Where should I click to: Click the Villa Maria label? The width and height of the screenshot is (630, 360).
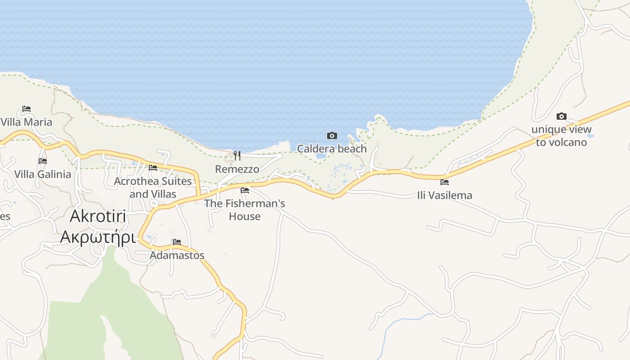[27, 122]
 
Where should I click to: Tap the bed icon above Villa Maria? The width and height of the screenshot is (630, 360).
[27, 109]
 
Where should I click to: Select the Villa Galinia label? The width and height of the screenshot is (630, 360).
[43, 174]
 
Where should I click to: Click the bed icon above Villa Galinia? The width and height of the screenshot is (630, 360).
[43, 161]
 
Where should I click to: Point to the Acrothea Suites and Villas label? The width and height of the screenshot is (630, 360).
[153, 188]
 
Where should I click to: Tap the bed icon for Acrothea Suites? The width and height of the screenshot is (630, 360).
[153, 168]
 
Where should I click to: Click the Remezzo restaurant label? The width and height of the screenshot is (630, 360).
[237, 169]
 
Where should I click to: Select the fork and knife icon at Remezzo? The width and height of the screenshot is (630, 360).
[237, 156]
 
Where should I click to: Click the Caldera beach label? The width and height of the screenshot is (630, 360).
[332, 148]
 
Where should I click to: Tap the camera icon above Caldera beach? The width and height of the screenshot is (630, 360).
[332, 135]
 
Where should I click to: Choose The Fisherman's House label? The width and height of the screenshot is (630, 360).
[245, 210]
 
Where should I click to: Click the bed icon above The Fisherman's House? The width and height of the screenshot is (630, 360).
[245, 190]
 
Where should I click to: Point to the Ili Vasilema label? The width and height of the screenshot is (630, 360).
[445, 195]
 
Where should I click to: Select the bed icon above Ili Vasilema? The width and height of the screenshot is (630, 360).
[445, 182]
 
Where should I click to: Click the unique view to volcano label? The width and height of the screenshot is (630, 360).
[561, 136]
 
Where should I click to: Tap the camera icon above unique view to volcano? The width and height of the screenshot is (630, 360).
[561, 117]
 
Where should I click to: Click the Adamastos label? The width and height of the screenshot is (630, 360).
[177, 255]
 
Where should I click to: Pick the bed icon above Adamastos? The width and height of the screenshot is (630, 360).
[177, 242]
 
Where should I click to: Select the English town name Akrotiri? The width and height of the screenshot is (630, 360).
[98, 216]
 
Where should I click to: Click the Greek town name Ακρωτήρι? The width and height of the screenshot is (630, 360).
[98, 236]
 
